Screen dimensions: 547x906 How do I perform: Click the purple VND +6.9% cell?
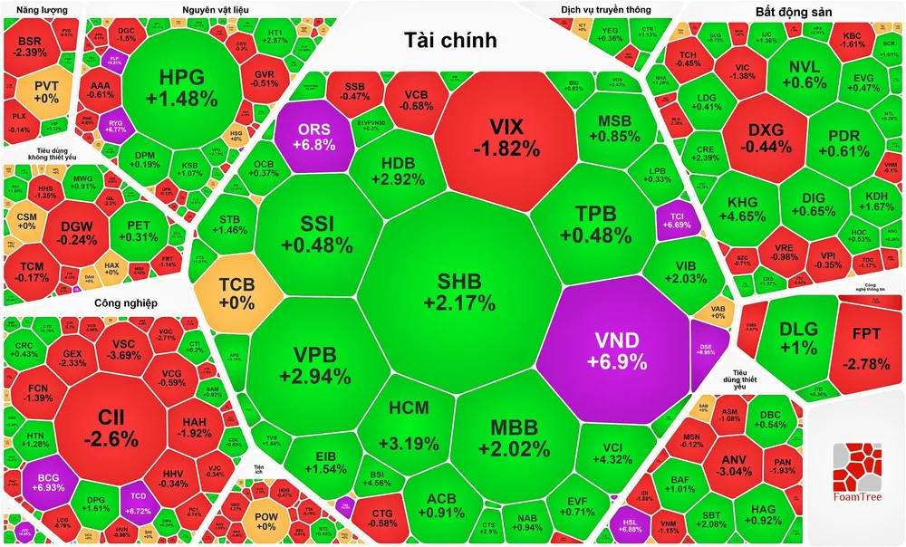pos(616,349)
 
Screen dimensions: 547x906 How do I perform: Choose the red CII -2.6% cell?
pos(119,428)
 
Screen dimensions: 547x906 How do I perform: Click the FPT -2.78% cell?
pos(859,349)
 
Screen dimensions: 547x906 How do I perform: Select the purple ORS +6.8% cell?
pos(313,136)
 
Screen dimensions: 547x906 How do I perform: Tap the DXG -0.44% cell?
pos(764,138)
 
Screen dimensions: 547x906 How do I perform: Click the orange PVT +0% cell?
pos(46,91)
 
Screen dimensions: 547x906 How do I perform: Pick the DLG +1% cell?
pos(798,340)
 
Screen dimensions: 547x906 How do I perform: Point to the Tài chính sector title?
pos(450,39)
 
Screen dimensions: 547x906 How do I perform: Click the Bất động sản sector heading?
pos(794,12)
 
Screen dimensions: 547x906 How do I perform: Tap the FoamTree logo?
pos(857,475)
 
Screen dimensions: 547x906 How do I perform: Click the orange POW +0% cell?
pos(265,522)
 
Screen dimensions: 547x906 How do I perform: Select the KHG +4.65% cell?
pos(742,210)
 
